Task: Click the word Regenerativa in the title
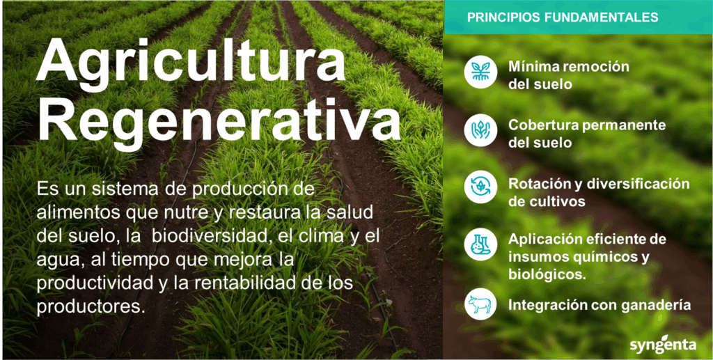pyautogui.click(x=219, y=119)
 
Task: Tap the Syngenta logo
pyautogui.click(x=663, y=344)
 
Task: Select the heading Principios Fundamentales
pyautogui.click(x=563, y=17)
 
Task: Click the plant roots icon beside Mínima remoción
pyautogui.click(x=480, y=72)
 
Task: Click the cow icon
pyautogui.click(x=480, y=304)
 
